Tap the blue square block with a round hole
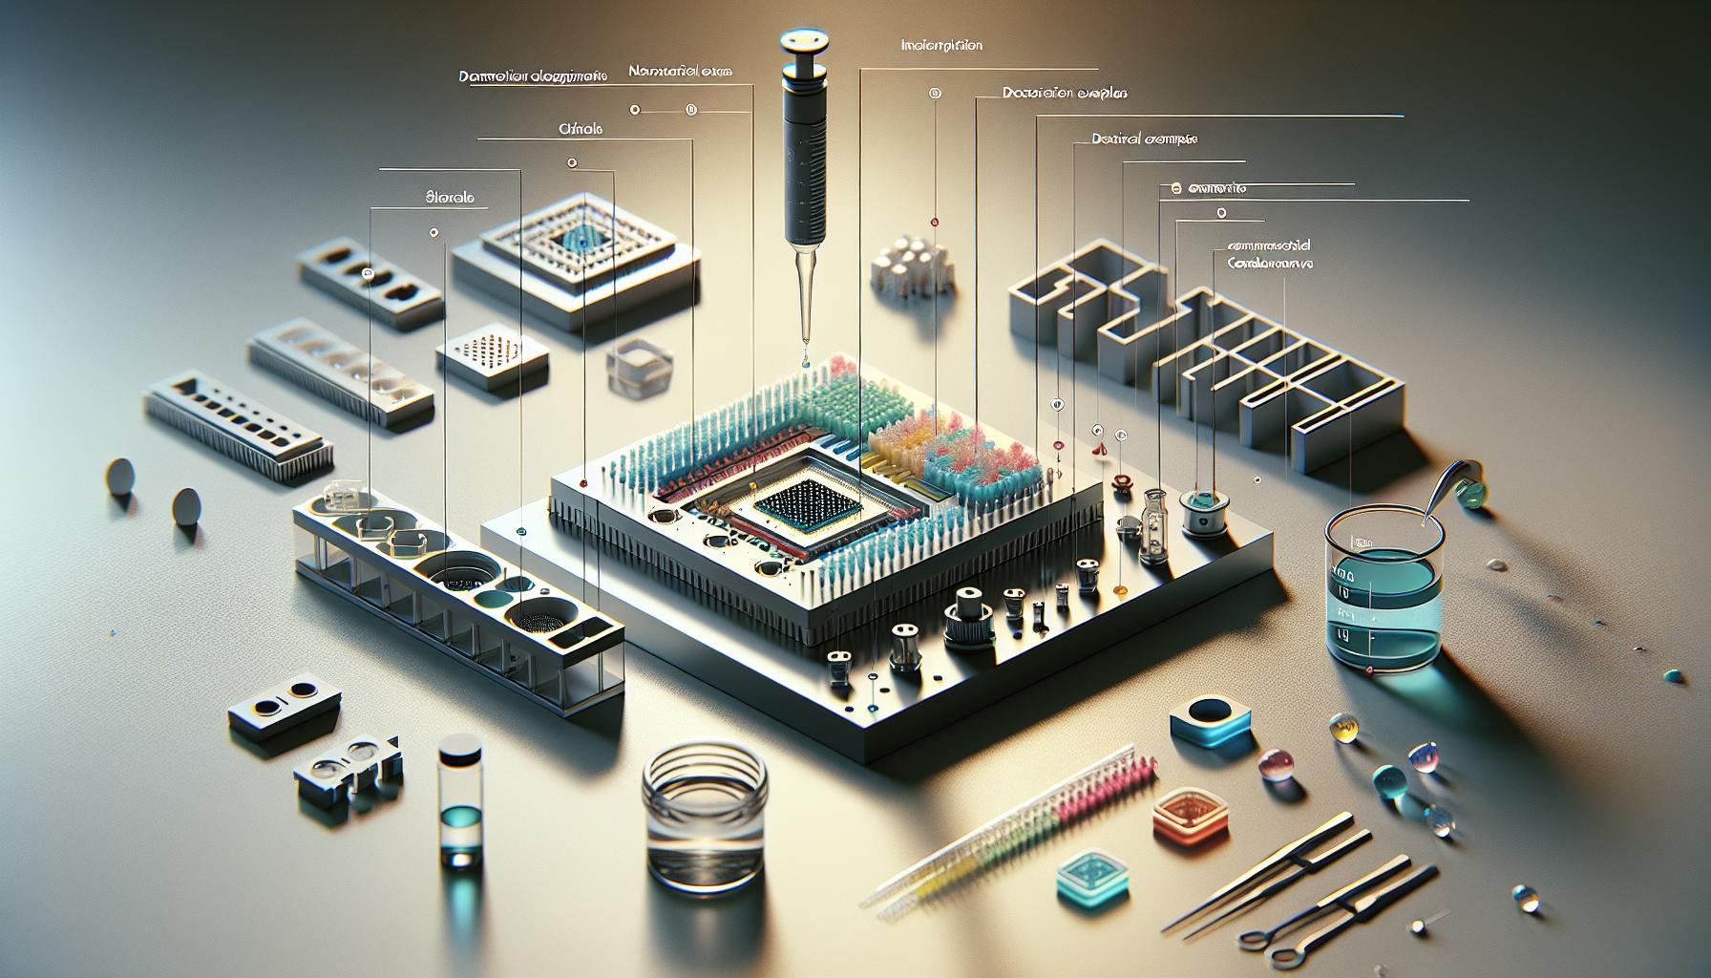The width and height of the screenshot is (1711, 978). point(1208,721)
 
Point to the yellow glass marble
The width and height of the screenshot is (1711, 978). point(1348,730)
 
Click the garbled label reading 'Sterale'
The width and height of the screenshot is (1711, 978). point(448,201)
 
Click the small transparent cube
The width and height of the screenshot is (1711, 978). point(634,365)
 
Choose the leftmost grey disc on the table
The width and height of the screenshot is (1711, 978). point(119,474)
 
